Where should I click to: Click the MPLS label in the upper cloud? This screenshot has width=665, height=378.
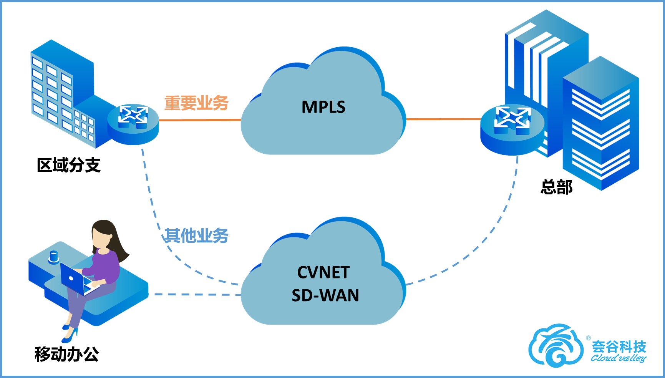(323, 107)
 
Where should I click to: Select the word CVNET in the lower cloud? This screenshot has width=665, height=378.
(323, 272)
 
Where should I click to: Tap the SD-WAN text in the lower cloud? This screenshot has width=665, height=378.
(325, 295)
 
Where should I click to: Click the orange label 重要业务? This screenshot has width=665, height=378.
(196, 103)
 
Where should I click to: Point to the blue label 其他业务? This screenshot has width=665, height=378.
(196, 235)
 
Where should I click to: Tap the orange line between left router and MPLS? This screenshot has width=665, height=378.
(200, 120)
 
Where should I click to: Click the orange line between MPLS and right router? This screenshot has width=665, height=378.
(442, 119)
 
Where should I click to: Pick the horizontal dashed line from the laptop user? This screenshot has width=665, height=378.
(196, 295)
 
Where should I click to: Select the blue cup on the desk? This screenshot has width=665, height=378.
(54, 257)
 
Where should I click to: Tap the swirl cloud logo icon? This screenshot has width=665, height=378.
(555, 346)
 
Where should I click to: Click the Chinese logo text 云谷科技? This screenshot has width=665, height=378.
(619, 346)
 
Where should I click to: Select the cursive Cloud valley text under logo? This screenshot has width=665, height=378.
(619, 358)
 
